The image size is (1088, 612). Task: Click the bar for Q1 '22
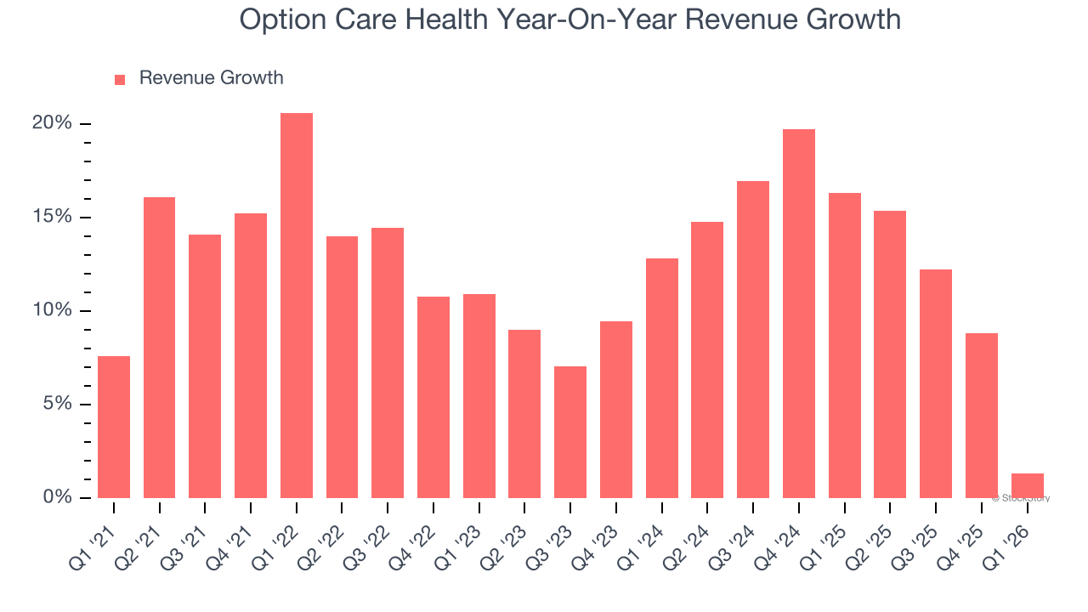click(297, 305)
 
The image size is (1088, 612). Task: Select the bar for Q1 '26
click(1027, 485)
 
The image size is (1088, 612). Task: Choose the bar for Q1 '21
click(114, 427)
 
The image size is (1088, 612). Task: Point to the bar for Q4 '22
click(433, 397)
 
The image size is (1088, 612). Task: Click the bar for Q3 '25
click(936, 383)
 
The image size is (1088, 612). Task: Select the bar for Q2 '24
click(707, 360)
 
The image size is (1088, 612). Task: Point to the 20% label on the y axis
click(52, 123)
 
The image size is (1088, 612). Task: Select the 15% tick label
click(52, 217)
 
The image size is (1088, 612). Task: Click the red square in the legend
click(120, 79)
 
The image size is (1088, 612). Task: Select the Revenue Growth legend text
click(211, 78)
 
